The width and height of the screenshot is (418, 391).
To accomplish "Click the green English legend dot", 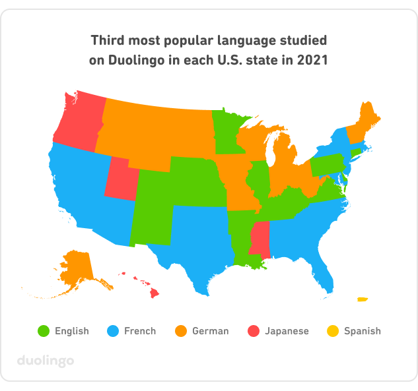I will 44,330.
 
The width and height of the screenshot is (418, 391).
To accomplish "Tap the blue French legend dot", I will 112,330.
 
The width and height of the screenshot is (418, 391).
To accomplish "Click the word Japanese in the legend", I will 287,331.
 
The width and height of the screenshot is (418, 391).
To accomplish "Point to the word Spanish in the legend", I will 362,331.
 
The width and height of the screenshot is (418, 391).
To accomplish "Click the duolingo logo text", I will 45,361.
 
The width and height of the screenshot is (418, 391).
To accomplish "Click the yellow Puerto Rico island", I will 362,299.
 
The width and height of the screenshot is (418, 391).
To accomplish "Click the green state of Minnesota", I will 228,132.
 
